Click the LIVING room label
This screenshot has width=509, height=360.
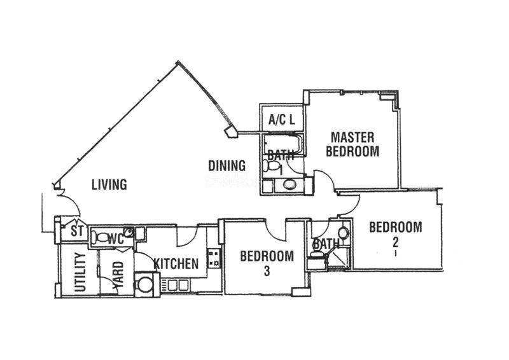109,184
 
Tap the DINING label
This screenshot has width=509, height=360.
227,166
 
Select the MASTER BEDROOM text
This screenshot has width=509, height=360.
352,144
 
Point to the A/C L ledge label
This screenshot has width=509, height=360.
282,120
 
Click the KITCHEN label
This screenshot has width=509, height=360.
176,263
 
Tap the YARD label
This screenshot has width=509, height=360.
118,274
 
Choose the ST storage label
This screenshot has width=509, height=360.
77,232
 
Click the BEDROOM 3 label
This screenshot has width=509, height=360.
267,263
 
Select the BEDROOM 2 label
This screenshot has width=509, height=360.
396,234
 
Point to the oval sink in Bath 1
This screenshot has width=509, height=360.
289,185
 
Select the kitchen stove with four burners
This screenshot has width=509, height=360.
214,258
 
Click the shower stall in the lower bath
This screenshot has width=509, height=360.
338,258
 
